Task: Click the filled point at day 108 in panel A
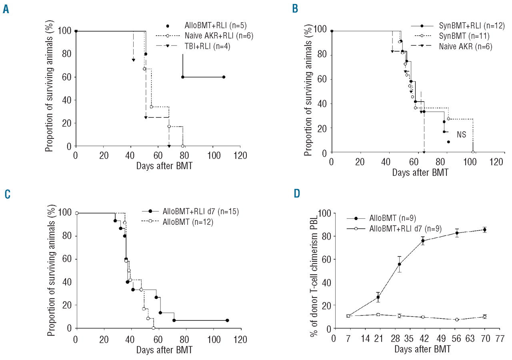[224, 77]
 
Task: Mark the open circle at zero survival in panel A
[183, 146]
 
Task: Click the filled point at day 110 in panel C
[227, 320]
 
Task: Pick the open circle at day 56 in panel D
[457, 320]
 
